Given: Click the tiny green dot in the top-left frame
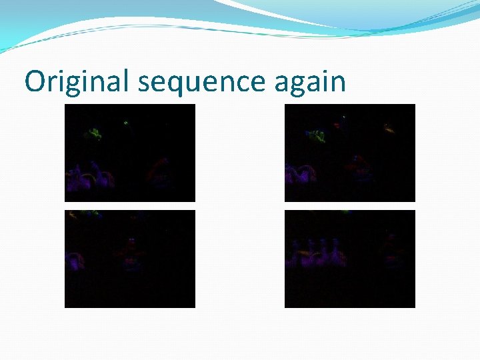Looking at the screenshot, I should tap(125, 123).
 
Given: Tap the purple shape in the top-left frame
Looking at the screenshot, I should tap(90, 176).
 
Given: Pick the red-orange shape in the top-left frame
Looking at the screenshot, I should tap(160, 167).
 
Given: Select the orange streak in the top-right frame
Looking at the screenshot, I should tap(389, 128).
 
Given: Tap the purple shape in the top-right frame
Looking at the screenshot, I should tap(300, 175).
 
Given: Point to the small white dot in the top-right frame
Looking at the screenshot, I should tap(344, 117).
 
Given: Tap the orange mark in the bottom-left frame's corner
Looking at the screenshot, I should tap(71, 215).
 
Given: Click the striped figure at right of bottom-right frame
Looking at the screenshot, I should tap(393, 250).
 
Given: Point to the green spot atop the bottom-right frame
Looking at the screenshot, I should tap(347, 212).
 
